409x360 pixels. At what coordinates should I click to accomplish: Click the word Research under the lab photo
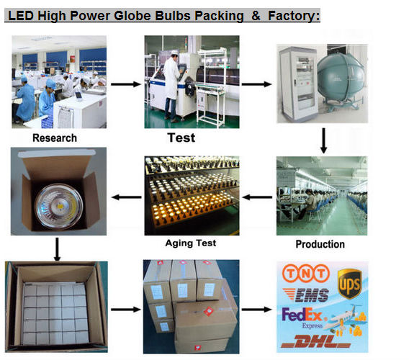click(x=55, y=138)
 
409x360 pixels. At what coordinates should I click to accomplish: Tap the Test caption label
click(x=181, y=138)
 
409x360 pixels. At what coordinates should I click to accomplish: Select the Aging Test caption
click(x=191, y=243)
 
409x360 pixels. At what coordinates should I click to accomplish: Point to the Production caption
click(x=320, y=244)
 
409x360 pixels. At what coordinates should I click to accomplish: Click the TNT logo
click(x=306, y=273)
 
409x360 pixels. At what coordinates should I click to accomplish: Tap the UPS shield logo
click(x=349, y=284)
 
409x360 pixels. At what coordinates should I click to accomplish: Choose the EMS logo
click(x=306, y=295)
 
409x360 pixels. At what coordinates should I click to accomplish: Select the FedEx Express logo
click(x=303, y=318)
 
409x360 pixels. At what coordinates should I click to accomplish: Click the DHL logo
click(x=315, y=341)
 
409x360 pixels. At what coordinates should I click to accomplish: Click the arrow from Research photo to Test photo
click(x=126, y=84)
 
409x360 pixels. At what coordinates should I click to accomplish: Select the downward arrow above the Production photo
click(x=323, y=140)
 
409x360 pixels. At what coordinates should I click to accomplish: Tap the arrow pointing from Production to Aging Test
click(x=258, y=197)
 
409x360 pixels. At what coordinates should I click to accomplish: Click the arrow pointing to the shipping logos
click(x=256, y=310)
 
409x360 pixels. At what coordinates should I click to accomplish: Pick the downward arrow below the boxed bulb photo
click(x=57, y=249)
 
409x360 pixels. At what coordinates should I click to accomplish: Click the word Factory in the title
click(x=294, y=16)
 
